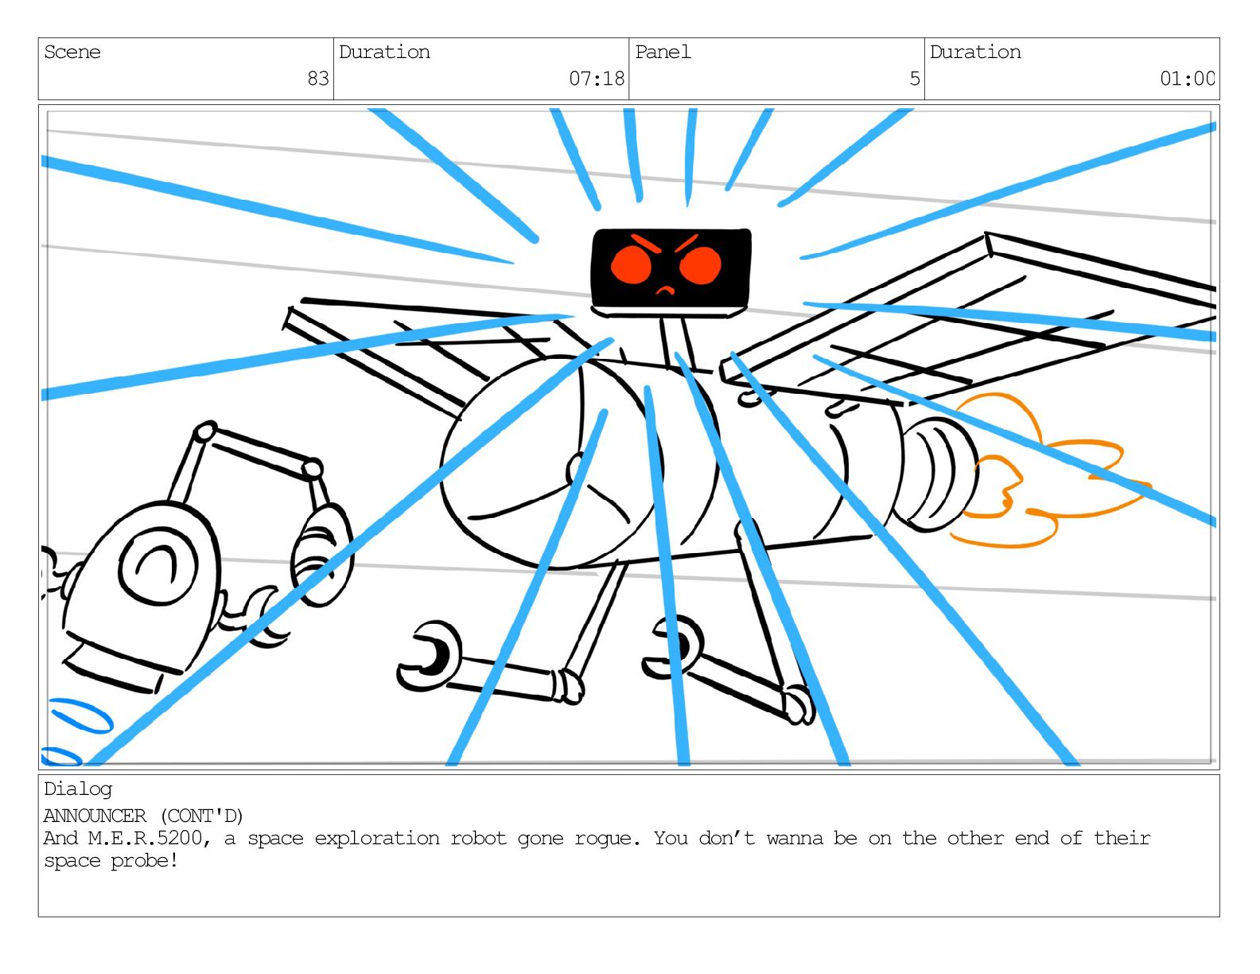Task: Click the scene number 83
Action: pyautogui.click(x=318, y=79)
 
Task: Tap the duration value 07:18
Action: pyautogui.click(x=597, y=79)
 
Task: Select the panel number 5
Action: pyautogui.click(x=915, y=79)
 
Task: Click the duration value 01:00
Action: pyautogui.click(x=1187, y=79)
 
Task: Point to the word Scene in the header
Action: pyautogui.click(x=72, y=53)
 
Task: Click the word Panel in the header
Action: pyautogui.click(x=663, y=53)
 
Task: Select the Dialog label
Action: pyautogui.click(x=78, y=789)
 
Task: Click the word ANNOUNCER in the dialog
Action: pyautogui.click(x=95, y=816)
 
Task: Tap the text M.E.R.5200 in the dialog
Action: pyautogui.click(x=145, y=839)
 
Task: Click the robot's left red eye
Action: pyautogui.click(x=631, y=264)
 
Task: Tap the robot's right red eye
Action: pyautogui.click(x=700, y=265)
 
